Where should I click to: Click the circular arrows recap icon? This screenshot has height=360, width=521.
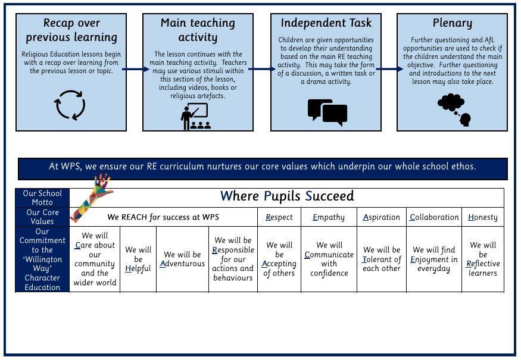(70, 105)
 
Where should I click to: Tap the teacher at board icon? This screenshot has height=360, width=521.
(196, 117)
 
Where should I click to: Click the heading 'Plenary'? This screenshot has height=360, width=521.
(452, 23)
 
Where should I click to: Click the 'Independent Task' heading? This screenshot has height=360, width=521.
(326, 23)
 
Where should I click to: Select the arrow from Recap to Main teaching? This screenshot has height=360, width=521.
(135, 69)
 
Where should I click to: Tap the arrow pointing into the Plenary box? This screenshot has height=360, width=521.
(389, 69)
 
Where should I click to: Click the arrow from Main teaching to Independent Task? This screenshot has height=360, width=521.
(262, 69)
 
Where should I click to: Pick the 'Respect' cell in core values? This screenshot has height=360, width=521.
(279, 217)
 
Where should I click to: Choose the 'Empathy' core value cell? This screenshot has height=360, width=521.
(329, 217)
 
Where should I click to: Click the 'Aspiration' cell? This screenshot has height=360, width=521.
(382, 217)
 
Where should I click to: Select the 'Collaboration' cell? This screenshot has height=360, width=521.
(434, 217)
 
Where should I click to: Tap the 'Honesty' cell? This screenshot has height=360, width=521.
(482, 217)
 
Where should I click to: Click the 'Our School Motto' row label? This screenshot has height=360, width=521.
(42, 198)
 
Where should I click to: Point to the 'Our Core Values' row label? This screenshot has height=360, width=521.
(42, 217)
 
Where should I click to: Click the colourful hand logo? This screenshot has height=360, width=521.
(93, 197)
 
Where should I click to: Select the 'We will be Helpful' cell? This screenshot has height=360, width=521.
(138, 259)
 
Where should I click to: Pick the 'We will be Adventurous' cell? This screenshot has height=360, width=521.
(182, 259)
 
